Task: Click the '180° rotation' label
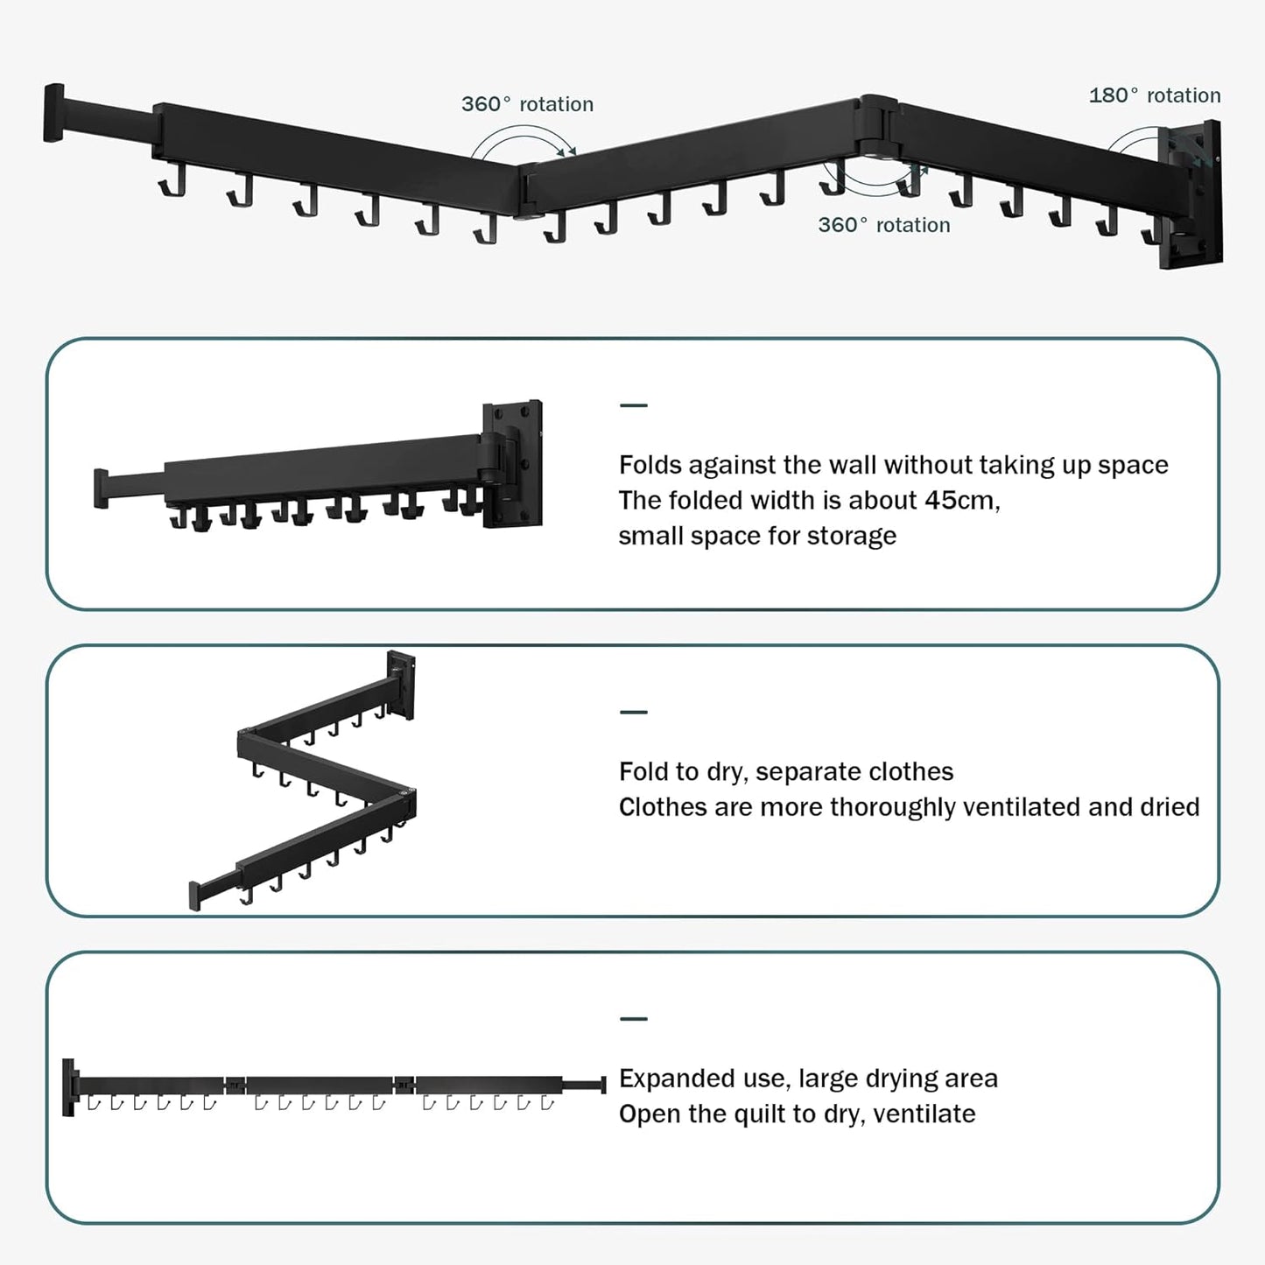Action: coord(1154,95)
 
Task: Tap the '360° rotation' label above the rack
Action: coord(527,104)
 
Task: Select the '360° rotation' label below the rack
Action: coord(883,225)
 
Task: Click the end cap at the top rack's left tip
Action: coord(54,112)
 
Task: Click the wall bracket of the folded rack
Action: coord(512,463)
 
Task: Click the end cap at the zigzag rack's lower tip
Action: coord(195,896)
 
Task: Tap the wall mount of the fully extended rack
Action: coord(69,1086)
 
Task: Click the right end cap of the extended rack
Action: coord(602,1085)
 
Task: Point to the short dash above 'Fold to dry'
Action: coord(633,713)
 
